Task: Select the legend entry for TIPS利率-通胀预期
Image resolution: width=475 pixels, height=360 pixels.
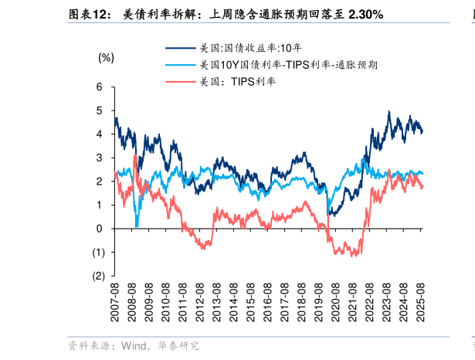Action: tap(287, 65)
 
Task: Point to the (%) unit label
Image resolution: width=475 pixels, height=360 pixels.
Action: tap(106, 58)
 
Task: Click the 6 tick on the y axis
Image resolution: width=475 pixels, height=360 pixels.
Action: tap(100, 87)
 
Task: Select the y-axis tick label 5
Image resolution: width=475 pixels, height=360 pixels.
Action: tap(100, 110)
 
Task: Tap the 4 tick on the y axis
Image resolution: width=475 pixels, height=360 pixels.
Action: tap(100, 134)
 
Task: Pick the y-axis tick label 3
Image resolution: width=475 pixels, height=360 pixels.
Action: tap(100, 158)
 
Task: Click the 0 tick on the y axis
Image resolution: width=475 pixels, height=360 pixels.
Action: tap(100, 229)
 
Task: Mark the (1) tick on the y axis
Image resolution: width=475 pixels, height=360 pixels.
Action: tap(98, 252)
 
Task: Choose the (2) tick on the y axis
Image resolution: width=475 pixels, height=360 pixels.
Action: tap(98, 276)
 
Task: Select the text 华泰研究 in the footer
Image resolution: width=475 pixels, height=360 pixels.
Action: tap(178, 346)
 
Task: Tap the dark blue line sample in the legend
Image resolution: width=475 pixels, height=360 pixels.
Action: tap(179, 48)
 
